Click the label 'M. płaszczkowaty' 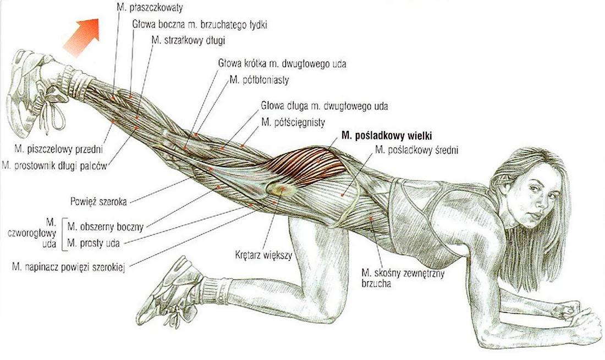[150, 7]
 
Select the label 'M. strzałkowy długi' [188, 40]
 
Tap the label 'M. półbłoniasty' [259, 80]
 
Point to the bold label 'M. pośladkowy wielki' [387, 136]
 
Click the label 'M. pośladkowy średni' [417, 150]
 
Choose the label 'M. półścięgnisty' [293, 122]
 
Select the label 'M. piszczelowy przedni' [59, 149]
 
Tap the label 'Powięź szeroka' [98, 201]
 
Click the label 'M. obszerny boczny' [106, 226]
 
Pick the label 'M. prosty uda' [94, 243]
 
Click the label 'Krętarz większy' [263, 255]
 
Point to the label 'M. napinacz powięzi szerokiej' [69, 267]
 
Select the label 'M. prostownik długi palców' [54, 166]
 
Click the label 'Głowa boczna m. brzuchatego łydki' [200, 24]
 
